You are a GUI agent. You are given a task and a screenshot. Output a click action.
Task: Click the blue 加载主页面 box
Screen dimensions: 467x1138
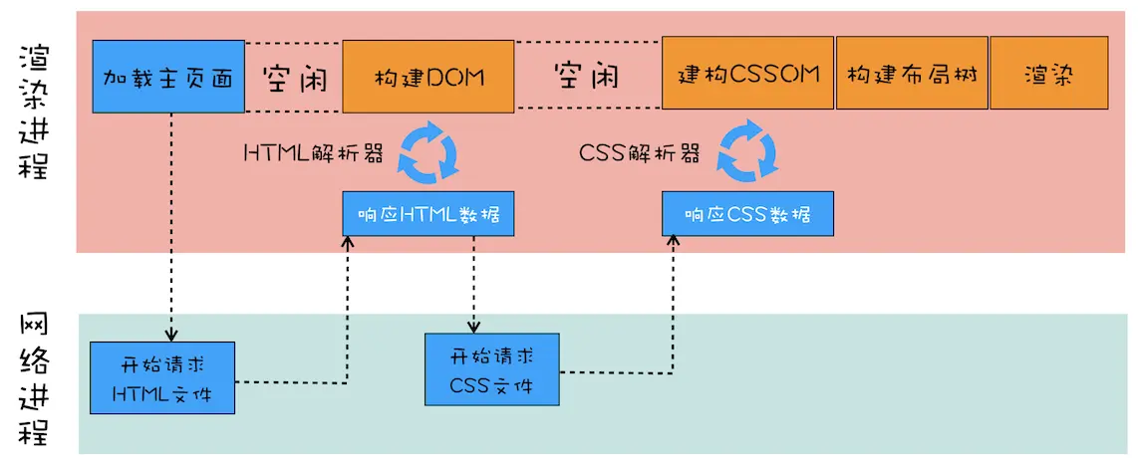(x=168, y=76)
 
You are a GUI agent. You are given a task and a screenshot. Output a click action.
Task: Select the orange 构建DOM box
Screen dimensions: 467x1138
(x=428, y=76)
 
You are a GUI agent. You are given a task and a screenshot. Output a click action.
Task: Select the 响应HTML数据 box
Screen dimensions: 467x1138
(x=428, y=215)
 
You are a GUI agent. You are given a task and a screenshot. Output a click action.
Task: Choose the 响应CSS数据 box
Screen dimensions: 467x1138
(x=747, y=215)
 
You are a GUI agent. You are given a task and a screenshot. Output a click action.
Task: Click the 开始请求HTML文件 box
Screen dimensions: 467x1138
(x=162, y=377)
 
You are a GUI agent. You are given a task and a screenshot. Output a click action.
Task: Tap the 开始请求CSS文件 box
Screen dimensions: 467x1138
(x=491, y=369)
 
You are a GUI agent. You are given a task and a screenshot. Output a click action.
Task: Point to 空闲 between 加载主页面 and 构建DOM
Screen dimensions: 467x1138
(x=294, y=77)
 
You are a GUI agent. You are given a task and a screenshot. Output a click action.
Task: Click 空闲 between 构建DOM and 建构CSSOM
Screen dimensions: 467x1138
(x=587, y=76)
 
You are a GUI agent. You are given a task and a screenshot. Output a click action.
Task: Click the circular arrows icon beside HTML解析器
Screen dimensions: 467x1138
(x=427, y=150)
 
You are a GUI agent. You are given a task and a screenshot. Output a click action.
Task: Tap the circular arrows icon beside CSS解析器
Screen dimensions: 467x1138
(x=747, y=150)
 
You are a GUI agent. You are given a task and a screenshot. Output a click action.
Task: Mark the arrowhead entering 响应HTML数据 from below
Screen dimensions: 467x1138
(x=348, y=243)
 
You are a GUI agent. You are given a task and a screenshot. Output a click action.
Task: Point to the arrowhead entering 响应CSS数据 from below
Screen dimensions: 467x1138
(x=676, y=243)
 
